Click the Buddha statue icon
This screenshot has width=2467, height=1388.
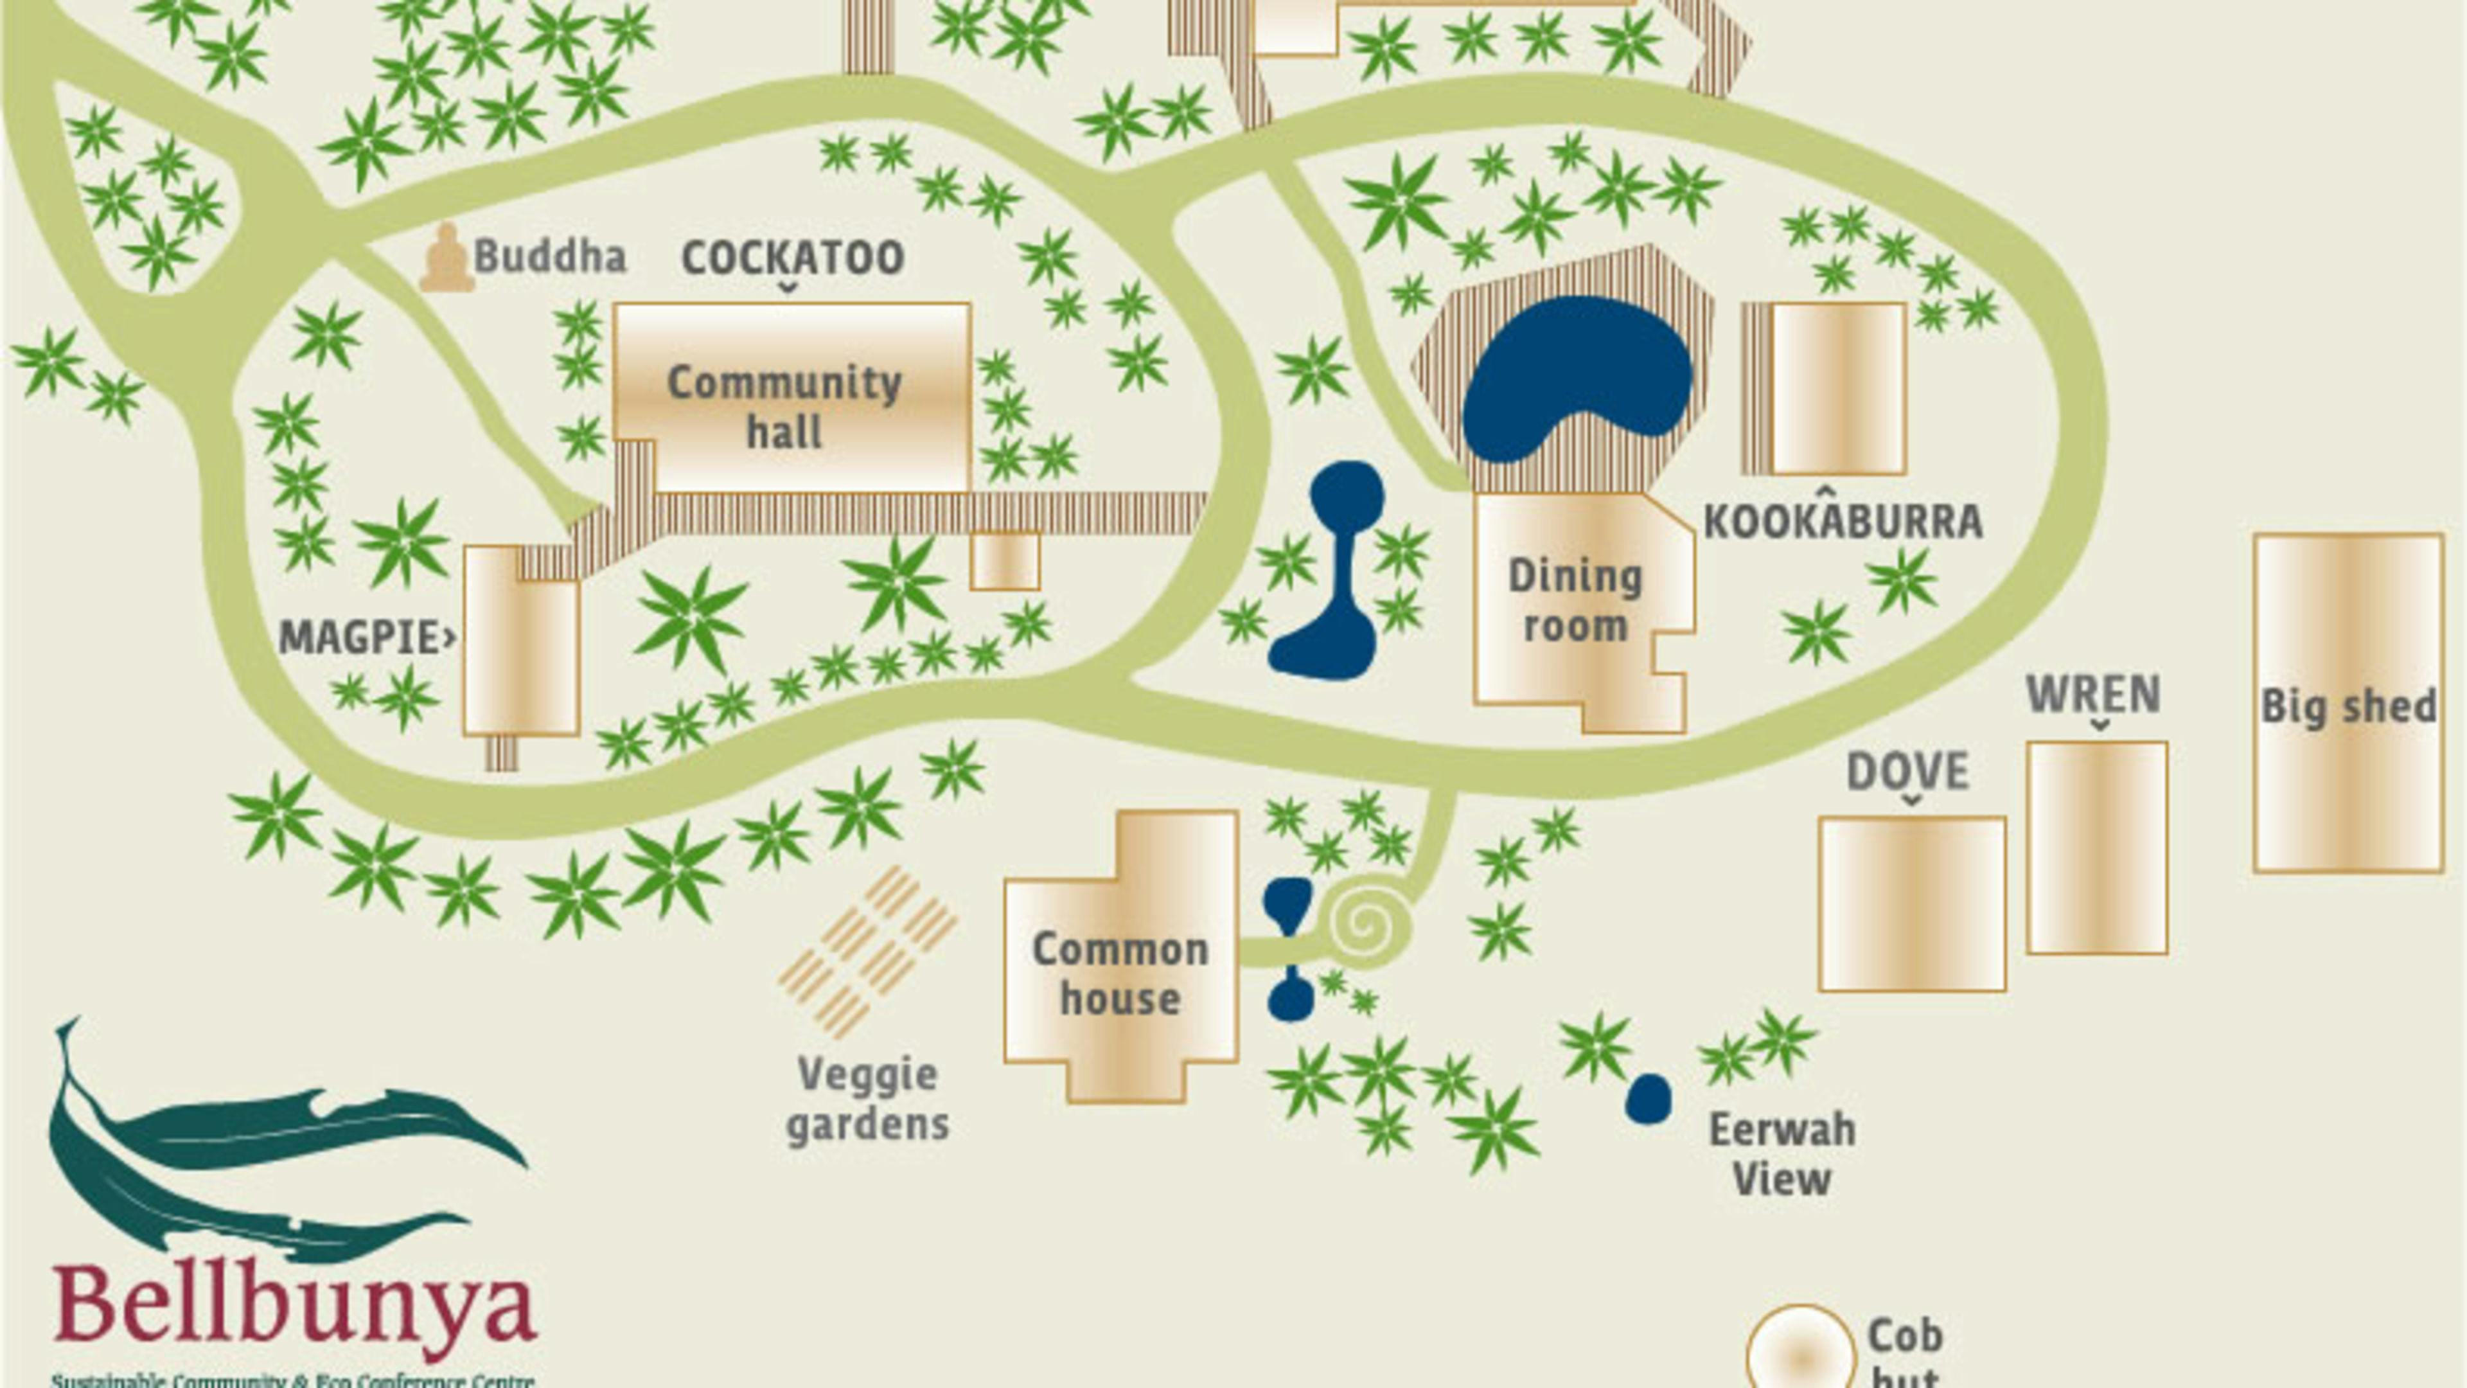447,258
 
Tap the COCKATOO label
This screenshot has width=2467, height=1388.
792,258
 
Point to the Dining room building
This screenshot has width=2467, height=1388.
1575,603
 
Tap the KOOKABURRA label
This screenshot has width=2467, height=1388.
1843,522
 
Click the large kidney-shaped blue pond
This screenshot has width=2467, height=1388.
1575,378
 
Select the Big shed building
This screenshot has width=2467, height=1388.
2348,704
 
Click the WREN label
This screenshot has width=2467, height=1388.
2094,695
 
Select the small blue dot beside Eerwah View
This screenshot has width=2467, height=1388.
1648,1099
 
